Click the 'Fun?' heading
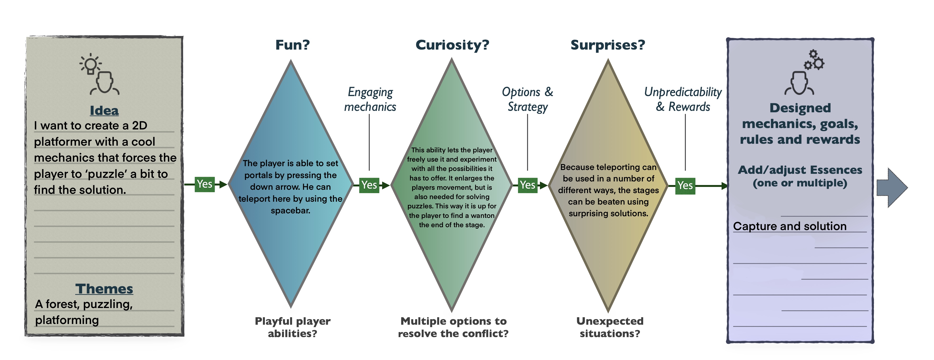[x=292, y=45]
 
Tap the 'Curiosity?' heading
[x=452, y=45]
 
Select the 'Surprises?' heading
[x=608, y=45]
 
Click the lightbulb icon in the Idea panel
[x=90, y=64]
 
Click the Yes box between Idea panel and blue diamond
[x=205, y=184]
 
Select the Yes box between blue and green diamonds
[x=369, y=185]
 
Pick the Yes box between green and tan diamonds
[x=528, y=185]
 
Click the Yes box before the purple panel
[x=685, y=186]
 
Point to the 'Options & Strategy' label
[x=528, y=99]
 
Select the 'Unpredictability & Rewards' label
[x=683, y=99]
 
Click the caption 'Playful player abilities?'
[x=292, y=327]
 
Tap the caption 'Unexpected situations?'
[x=610, y=327]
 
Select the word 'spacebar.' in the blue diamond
[x=290, y=210]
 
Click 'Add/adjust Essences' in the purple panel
[x=800, y=170]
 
